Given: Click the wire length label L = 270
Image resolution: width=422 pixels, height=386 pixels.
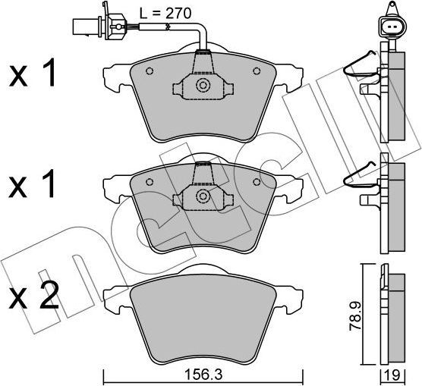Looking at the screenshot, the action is (165, 13).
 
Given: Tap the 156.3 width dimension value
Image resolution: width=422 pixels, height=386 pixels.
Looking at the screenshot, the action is (203, 375).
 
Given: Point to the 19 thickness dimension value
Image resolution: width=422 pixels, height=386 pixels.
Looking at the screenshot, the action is (393, 375).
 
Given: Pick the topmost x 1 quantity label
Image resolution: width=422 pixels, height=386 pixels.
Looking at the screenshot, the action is (33, 73).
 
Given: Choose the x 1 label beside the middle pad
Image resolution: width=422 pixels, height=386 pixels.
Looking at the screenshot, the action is (33, 184).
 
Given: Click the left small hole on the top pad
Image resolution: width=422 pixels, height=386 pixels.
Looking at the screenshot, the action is (150, 71).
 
